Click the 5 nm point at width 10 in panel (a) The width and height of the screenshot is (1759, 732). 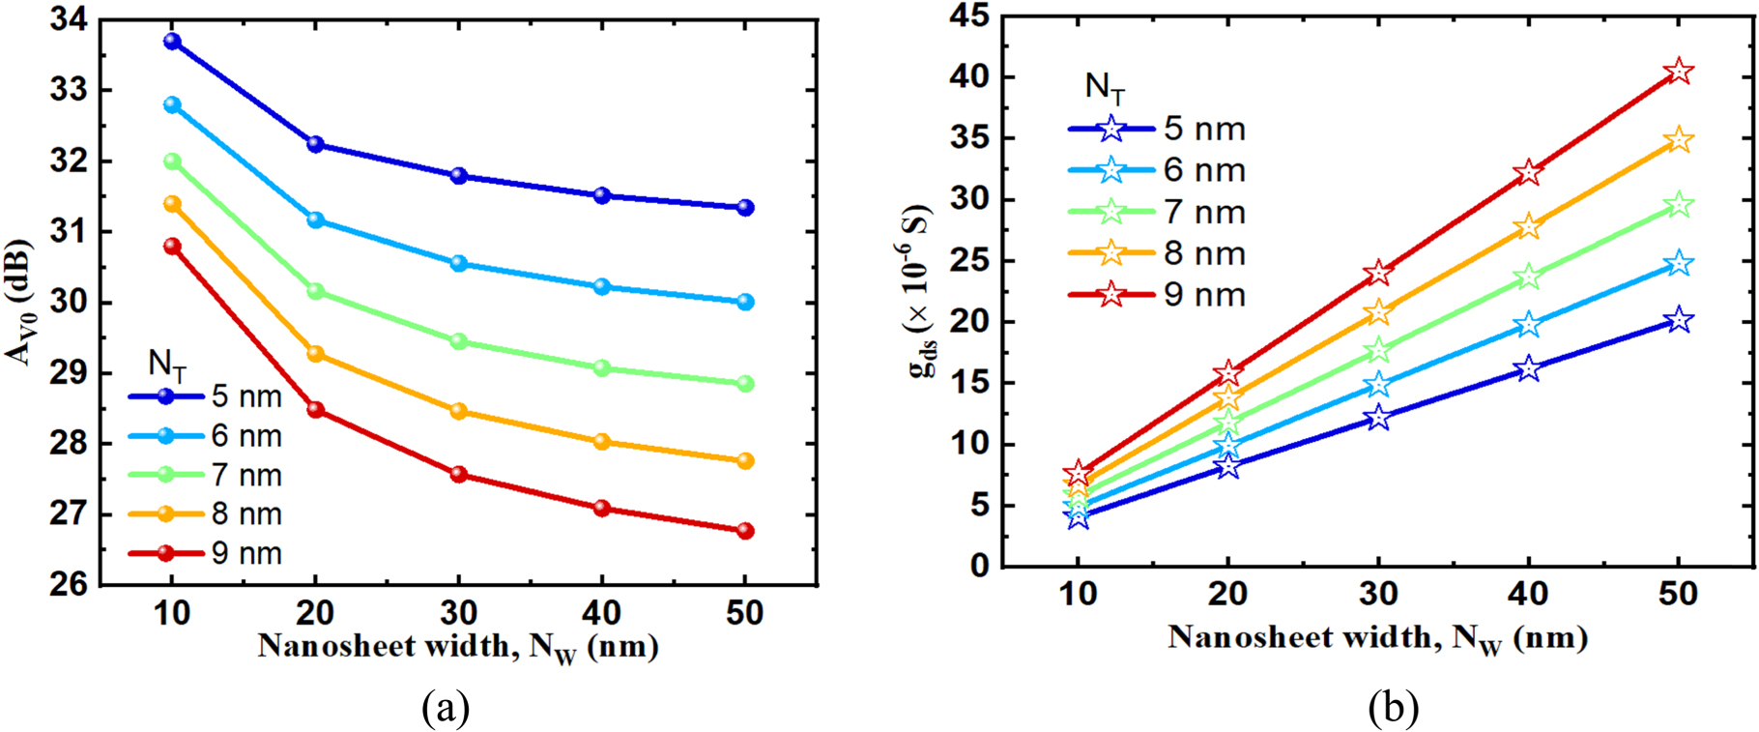coord(172,42)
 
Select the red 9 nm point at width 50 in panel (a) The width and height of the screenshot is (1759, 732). coord(745,531)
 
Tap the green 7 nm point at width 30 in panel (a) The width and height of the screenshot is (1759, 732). coord(458,341)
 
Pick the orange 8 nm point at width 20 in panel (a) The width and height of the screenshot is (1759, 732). coord(315,354)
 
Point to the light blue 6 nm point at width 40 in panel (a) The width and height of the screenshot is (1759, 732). coord(601,286)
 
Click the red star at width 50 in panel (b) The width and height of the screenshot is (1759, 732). coord(1679,72)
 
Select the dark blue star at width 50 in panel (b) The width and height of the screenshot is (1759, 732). coord(1679,320)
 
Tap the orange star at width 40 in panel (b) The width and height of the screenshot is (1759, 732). coord(1528,227)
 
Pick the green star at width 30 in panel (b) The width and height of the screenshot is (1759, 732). coord(1378,350)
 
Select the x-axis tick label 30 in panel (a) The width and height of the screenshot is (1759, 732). coord(458,612)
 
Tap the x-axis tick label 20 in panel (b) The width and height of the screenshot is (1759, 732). coord(1227,593)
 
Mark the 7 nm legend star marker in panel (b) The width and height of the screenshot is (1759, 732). coord(1111,212)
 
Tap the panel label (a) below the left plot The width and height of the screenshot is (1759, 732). coord(446,709)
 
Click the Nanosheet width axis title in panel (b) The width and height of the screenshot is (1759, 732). coord(1377,638)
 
